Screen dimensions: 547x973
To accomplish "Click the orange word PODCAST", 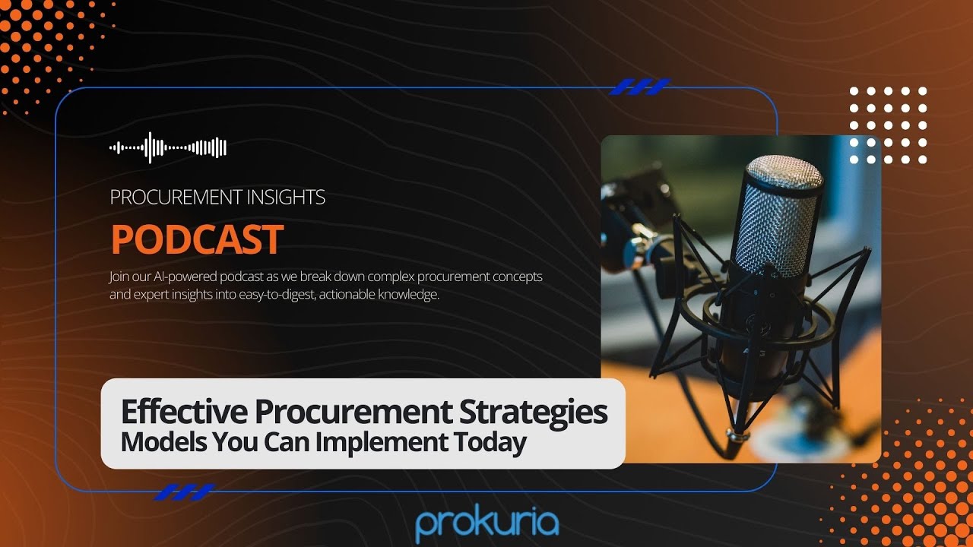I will (197, 239).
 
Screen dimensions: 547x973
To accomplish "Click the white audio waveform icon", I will (168, 147).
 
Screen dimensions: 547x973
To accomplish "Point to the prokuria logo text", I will (487, 523).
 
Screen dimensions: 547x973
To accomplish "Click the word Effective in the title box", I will (184, 413).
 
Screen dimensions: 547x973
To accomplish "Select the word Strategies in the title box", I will (534, 413).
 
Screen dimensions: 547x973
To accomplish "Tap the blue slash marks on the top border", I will (639, 87).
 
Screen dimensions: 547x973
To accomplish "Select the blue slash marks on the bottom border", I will (183, 492).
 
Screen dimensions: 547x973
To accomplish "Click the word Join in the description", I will (120, 277).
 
